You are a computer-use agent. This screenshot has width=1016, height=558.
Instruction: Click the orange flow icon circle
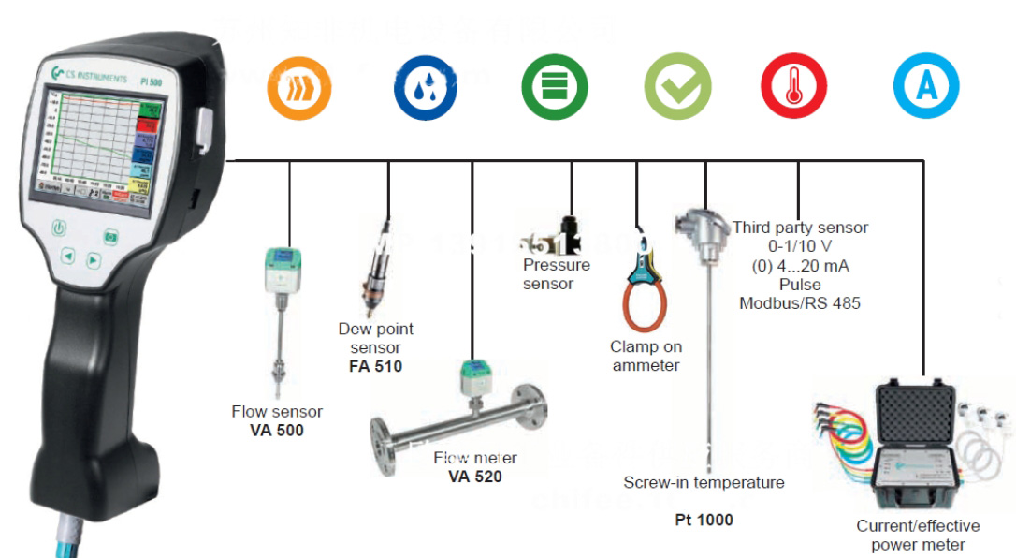298,88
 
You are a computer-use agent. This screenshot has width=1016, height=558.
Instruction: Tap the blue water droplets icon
425,88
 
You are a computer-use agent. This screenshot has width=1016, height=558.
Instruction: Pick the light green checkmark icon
676,88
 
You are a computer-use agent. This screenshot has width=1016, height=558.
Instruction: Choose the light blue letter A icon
926,88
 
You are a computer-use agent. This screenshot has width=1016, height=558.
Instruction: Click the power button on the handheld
59,227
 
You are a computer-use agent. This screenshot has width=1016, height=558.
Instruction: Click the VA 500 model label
277,431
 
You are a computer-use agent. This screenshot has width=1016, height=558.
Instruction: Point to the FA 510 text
375,366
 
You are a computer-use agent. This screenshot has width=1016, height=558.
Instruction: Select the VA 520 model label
475,477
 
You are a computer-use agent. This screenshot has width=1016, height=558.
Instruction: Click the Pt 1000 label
704,520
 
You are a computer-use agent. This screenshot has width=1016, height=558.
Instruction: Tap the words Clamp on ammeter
646,356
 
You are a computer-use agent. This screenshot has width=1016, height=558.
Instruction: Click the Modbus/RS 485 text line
800,302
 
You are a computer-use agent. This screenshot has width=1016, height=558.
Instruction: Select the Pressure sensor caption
556,274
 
